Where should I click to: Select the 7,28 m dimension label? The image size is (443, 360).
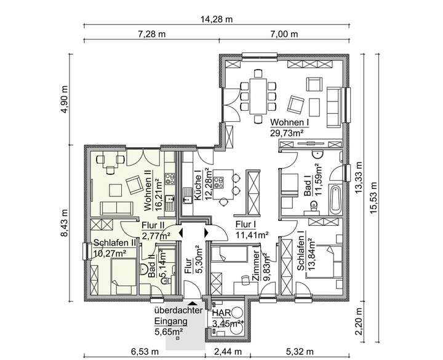pos(153,34)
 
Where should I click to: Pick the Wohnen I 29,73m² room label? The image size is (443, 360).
pos(289,127)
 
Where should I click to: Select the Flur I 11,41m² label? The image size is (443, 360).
pos(253,230)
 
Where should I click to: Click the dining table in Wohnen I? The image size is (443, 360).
pos(258,92)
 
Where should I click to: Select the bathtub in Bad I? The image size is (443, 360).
pos(335,198)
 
